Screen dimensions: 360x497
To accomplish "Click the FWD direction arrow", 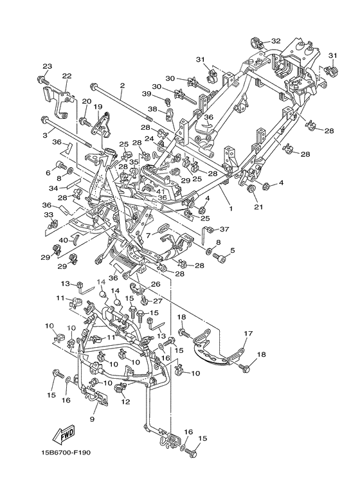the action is pyautogui.click(x=64, y=433).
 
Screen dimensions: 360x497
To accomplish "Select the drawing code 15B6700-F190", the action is pyautogui.click(x=65, y=452).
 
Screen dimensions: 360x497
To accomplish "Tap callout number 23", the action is pyautogui.click(x=47, y=66).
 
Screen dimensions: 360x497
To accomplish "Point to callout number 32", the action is pyautogui.click(x=276, y=41).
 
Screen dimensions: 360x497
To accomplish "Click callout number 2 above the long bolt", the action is pyautogui.click(x=123, y=86).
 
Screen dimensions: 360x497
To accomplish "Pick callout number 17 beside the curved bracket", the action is pyautogui.click(x=248, y=333).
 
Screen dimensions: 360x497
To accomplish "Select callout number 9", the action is pyautogui.click(x=92, y=419).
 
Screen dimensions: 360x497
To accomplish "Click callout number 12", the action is pyautogui.click(x=125, y=402).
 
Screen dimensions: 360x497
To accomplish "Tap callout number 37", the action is pyautogui.click(x=224, y=229).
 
